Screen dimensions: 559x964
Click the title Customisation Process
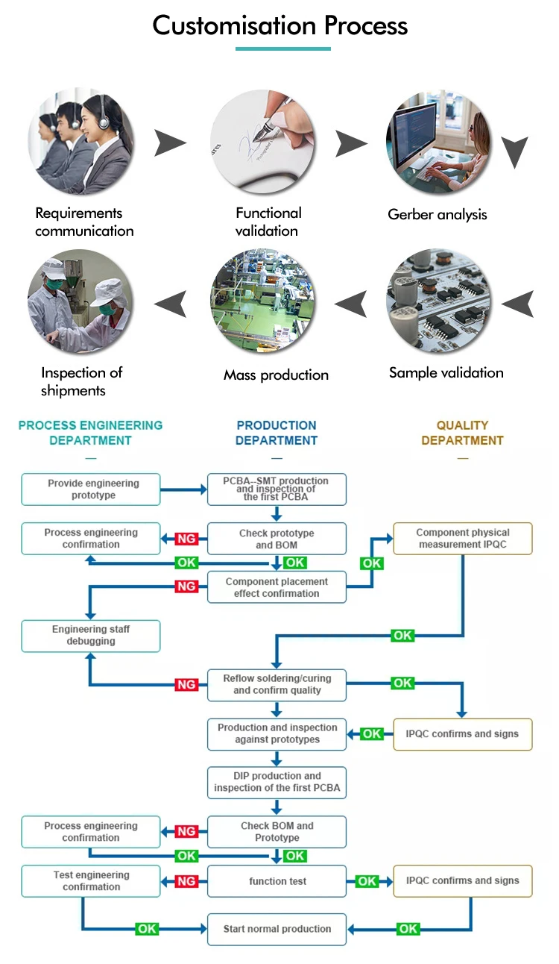tap(280, 25)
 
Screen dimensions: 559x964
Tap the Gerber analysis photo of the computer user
tap(438, 142)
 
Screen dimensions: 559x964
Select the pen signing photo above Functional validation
tap(262, 142)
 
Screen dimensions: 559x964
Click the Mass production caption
tap(276, 375)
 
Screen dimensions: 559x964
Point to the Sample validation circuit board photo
tap(438, 301)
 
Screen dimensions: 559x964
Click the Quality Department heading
tap(462, 433)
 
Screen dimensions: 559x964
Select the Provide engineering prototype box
tap(91, 489)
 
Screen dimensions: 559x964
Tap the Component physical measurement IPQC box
tap(463, 539)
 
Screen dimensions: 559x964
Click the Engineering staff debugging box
tap(91, 636)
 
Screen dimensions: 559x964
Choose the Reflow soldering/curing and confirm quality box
tap(277, 685)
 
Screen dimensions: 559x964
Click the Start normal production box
tap(277, 929)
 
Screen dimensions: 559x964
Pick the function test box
tap(277, 881)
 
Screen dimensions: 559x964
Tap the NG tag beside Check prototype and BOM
tap(186, 539)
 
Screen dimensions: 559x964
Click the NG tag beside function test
tap(186, 881)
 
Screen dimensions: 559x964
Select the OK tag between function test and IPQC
tap(367, 881)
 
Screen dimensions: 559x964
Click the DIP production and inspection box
tap(277, 783)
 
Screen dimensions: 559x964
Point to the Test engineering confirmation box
tap(91, 881)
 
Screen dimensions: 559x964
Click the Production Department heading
tap(277, 433)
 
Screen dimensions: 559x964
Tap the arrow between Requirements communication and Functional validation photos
tap(170, 143)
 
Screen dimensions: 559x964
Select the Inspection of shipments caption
tap(82, 381)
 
